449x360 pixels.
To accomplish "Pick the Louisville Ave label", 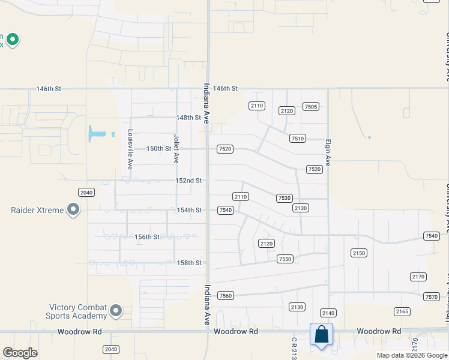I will (130, 150).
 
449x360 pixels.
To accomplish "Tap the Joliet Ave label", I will (176, 149).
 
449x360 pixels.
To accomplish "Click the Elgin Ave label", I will (328, 154).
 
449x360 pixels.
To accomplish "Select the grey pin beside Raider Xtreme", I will (73, 210).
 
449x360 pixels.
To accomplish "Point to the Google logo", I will (20, 353).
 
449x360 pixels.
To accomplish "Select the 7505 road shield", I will (311, 107).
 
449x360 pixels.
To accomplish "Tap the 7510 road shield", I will (297, 138).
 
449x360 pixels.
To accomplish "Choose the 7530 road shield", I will (284, 198).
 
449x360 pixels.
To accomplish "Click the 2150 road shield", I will (359, 253).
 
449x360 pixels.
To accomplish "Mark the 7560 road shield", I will (226, 296).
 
